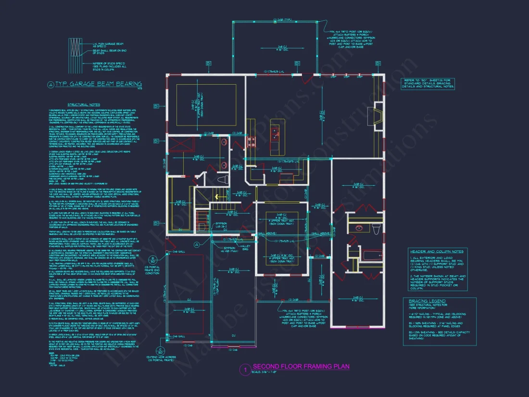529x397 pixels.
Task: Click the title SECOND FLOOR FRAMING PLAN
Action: tap(301, 367)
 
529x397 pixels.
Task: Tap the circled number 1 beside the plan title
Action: tap(245, 370)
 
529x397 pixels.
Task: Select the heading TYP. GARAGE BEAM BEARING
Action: tap(98, 84)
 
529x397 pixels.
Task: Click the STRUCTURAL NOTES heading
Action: tap(84, 104)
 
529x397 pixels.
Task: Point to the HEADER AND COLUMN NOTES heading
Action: tap(437, 251)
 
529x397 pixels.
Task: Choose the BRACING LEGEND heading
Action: tap(424, 300)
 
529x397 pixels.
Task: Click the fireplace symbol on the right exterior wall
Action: tap(377, 115)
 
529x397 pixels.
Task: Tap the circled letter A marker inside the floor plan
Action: tap(196, 244)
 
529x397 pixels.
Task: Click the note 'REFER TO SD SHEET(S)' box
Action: tap(427, 84)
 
